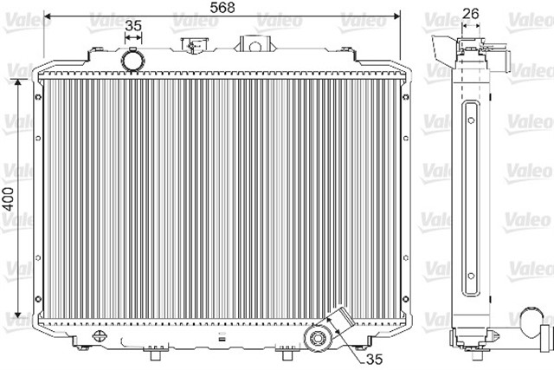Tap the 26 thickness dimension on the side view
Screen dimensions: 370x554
471,12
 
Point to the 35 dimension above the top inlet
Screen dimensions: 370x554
132,26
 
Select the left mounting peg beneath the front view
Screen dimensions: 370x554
155,354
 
